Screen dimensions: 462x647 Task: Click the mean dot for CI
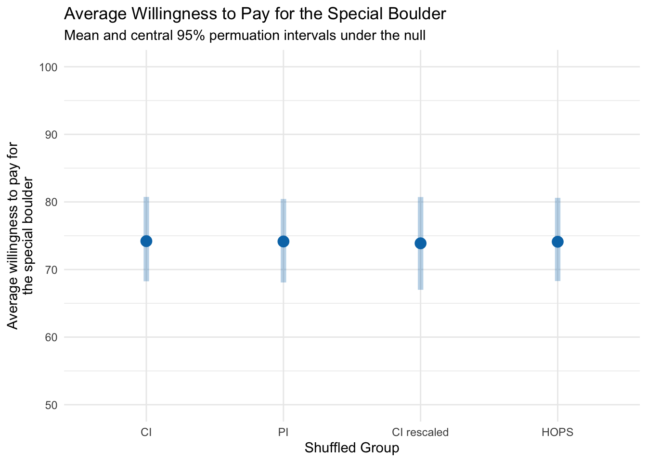(146, 241)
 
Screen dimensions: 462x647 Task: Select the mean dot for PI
(284, 241)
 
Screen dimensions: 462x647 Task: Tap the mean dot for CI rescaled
(420, 243)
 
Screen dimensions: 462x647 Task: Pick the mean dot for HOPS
(557, 242)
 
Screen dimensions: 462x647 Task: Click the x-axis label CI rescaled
(420, 432)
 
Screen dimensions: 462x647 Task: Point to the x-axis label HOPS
(557, 432)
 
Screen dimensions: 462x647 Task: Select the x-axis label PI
(284, 432)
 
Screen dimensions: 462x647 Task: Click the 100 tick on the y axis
(48, 67)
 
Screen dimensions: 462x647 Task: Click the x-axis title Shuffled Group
(352, 448)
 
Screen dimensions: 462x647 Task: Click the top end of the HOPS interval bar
(557, 198)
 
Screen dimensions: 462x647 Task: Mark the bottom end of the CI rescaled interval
(420, 289)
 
